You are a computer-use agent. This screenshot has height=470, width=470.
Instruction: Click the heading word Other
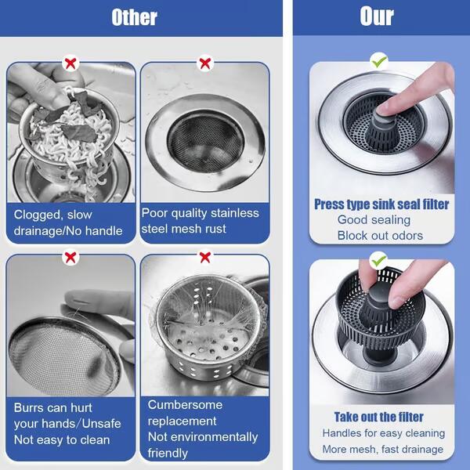134,17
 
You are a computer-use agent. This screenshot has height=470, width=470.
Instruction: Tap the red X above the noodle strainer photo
70,63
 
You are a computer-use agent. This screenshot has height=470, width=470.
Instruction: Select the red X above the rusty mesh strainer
205,63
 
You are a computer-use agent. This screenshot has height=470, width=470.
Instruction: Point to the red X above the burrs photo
70,257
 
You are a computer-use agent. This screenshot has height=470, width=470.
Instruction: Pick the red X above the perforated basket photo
205,257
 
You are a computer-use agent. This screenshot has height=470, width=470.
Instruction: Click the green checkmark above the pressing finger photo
379,60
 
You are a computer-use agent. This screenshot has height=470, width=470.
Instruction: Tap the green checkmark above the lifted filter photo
379,258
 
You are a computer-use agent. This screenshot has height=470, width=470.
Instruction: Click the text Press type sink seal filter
381,204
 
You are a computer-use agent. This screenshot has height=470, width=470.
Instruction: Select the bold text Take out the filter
379,417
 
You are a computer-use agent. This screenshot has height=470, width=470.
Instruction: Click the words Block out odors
380,236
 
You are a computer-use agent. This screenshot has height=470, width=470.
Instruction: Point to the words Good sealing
374,220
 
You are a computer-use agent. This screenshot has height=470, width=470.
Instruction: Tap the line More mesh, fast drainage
382,449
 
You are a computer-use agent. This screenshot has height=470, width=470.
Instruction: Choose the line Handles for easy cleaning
383,433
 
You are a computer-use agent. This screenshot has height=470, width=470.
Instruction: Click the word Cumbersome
185,405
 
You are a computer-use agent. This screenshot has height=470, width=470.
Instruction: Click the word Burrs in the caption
31,408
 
